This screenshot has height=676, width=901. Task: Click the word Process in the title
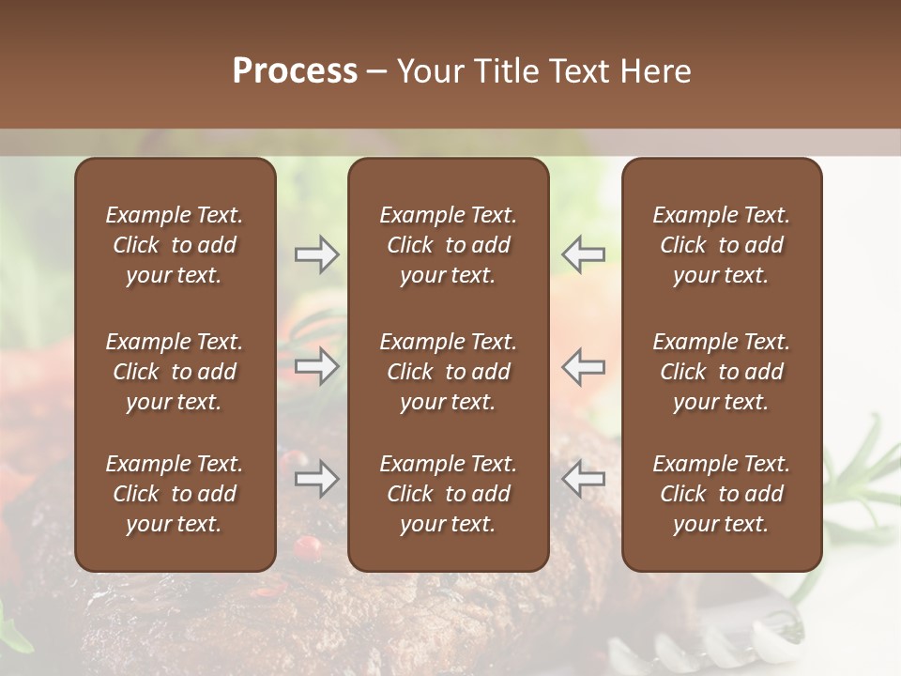click(295, 71)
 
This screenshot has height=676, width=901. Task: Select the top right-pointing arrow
click(316, 254)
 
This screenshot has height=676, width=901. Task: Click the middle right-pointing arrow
click(316, 366)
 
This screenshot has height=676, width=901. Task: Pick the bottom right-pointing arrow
click(316, 479)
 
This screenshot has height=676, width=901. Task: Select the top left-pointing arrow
click(583, 254)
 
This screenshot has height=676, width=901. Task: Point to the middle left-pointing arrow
click(583, 366)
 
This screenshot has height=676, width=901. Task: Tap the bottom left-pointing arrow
click(583, 479)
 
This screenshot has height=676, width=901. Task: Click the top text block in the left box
click(175, 245)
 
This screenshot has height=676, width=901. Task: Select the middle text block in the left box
click(175, 372)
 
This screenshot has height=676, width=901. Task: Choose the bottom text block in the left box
click(175, 494)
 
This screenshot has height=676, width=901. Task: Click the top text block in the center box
click(448, 245)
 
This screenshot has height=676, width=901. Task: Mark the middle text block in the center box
click(448, 372)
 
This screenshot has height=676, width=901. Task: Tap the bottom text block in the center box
click(448, 494)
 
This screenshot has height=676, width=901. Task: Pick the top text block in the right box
click(721, 245)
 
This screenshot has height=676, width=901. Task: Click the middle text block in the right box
click(721, 372)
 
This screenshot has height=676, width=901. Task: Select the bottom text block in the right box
click(721, 494)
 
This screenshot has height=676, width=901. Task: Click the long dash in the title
click(376, 72)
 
